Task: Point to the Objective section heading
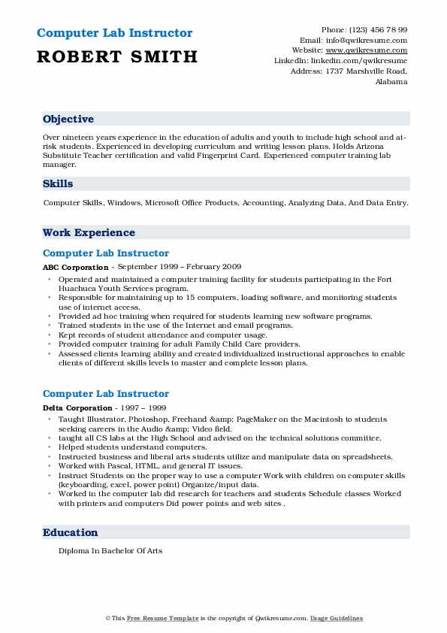pos(68,120)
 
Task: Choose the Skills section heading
pos(58,183)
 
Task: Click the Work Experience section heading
pos(89,233)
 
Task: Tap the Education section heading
pos(71,532)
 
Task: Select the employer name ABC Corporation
pos(75,267)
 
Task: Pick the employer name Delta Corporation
pos(77,407)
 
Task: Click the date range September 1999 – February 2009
pos(178,267)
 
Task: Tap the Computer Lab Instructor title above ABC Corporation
pos(106,253)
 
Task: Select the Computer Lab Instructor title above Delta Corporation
pos(106,394)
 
